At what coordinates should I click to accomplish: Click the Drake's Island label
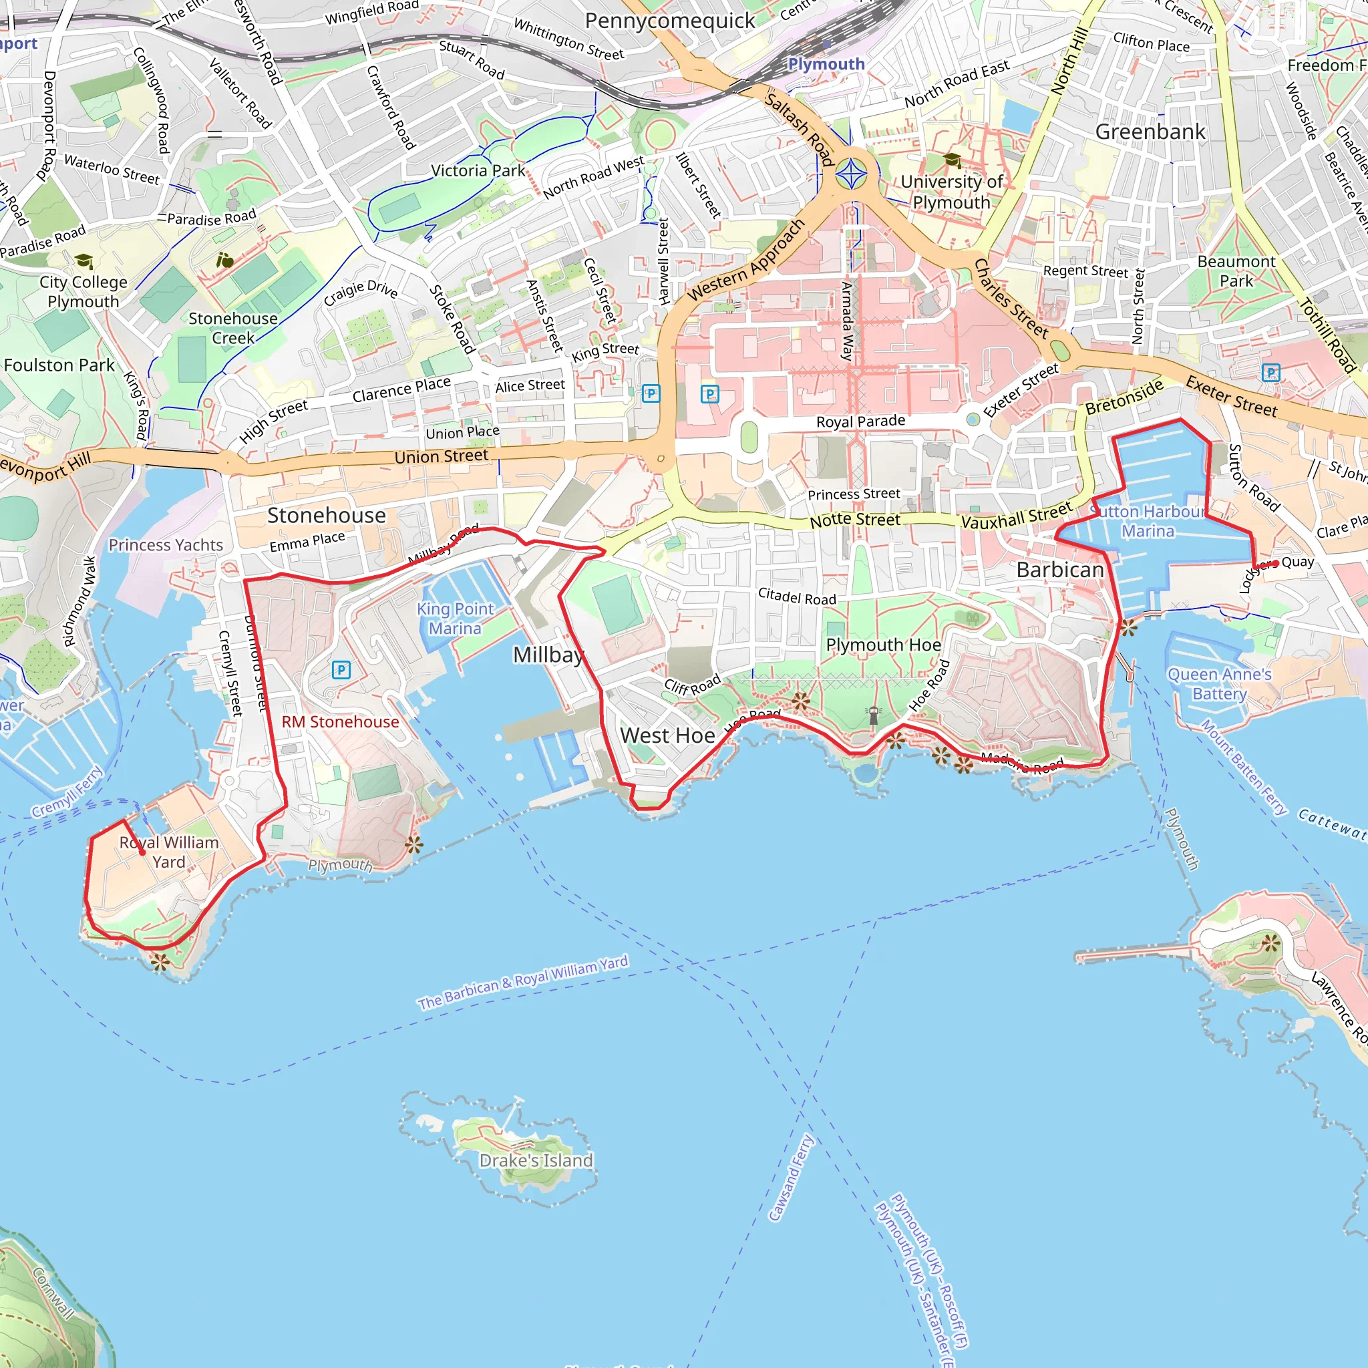point(536,1160)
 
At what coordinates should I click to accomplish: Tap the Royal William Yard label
point(168,852)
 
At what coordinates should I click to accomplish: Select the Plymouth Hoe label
point(884,645)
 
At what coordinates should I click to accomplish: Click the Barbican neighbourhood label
point(1060,569)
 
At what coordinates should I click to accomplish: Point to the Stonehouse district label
point(327,515)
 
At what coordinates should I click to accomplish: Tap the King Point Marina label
point(455,618)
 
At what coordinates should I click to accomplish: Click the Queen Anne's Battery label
point(1219,684)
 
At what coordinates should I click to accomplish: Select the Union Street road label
point(441,456)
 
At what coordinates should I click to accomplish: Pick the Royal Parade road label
point(860,421)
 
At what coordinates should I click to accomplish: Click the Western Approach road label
point(746,259)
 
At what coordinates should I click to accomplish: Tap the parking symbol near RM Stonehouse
point(341,669)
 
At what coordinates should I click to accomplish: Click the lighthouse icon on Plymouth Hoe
point(874,715)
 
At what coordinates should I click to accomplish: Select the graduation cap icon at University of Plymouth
point(952,160)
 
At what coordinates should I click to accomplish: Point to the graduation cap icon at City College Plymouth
point(83,261)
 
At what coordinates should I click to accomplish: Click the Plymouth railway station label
point(826,63)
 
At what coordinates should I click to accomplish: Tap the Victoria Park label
point(478,170)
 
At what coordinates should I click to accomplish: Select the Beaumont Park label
point(1236,271)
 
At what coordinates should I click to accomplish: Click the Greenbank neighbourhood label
point(1150,132)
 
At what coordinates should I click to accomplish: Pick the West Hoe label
point(667,735)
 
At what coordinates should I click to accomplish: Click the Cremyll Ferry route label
point(67,791)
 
